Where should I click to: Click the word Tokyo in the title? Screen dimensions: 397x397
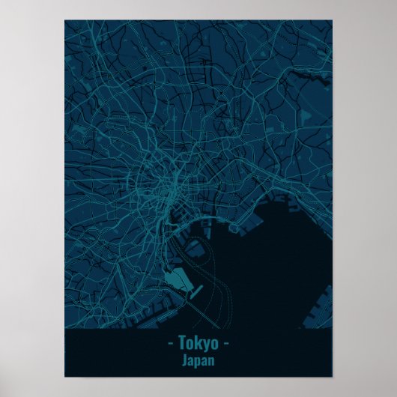pyautogui.click(x=198, y=344)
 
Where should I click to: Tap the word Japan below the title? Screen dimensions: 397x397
pyautogui.click(x=198, y=360)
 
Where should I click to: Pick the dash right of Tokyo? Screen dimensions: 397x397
pyautogui.click(x=227, y=344)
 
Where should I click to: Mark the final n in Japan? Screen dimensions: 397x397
pyautogui.click(x=212, y=360)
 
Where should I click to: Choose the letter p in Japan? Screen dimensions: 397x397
pyautogui.click(x=198, y=362)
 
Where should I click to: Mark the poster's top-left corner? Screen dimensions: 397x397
pyautogui.click(x=65, y=20)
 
